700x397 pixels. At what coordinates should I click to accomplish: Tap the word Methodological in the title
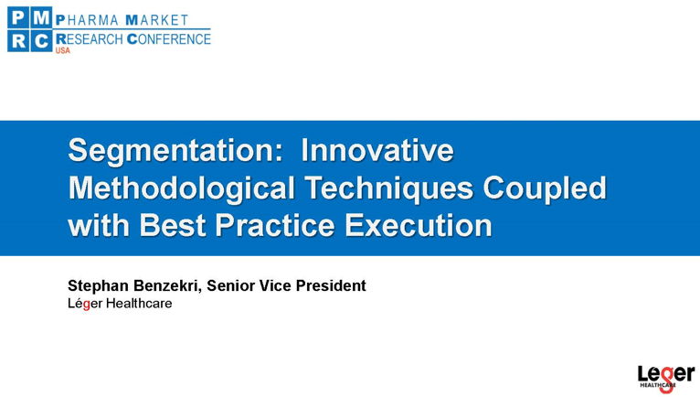pos(181,188)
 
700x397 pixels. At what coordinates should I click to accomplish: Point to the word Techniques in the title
pos(389,188)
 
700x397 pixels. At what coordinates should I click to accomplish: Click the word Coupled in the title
pos(545,188)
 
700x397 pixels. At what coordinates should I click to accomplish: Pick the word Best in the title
pos(173,224)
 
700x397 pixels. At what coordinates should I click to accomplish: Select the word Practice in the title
pos(274,224)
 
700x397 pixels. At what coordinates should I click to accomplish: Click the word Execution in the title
pos(418,224)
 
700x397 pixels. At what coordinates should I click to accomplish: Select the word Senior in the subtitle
pos(231,285)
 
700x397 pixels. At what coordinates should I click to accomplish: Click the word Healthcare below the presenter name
pos(139,304)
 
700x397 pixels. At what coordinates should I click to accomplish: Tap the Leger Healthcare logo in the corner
pos(666,379)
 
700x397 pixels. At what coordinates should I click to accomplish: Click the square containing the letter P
pos(19,18)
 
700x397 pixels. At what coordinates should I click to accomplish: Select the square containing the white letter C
pos(41,41)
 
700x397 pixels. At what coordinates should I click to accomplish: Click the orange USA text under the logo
pos(62,50)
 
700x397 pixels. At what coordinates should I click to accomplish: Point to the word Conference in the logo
pos(169,39)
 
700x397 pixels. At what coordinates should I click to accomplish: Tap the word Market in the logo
pos(156,20)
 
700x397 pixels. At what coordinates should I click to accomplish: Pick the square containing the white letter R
pos(19,41)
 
